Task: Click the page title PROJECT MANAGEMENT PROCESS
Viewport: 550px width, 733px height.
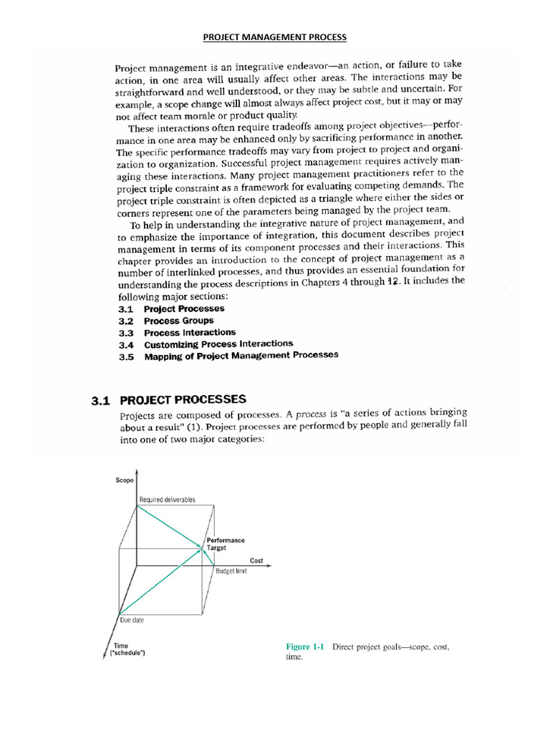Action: [x=275, y=37]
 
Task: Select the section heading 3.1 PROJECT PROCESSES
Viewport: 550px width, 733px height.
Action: [x=168, y=399]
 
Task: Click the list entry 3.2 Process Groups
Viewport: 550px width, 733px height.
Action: [x=165, y=321]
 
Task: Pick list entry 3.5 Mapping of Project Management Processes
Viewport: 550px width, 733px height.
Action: [x=228, y=355]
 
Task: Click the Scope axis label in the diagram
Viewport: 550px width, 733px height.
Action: [x=125, y=480]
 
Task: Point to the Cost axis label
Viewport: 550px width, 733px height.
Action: [x=256, y=560]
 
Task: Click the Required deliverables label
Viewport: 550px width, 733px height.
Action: [x=168, y=499]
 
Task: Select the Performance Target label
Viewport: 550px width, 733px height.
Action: [x=225, y=544]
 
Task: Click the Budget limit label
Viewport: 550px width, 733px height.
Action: [x=231, y=572]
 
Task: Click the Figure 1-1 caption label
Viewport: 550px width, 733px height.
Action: [x=305, y=647]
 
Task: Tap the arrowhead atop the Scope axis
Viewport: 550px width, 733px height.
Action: [x=136, y=473]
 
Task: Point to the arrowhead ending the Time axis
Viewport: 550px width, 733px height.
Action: [x=110, y=659]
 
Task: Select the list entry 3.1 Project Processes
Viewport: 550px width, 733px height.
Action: [x=171, y=309]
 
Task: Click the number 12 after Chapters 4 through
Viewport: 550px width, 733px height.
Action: [x=391, y=281]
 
